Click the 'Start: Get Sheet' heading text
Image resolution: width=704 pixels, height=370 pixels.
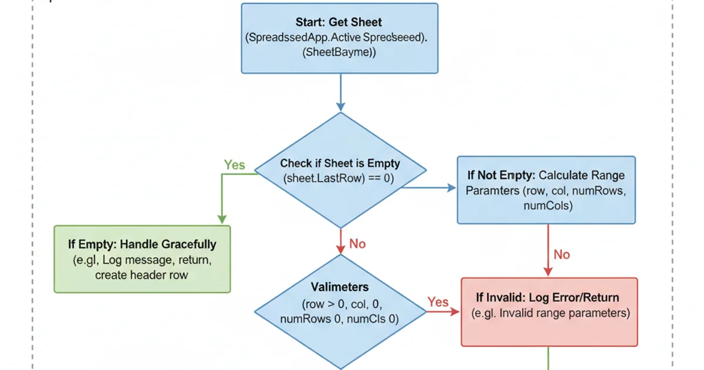[339, 22]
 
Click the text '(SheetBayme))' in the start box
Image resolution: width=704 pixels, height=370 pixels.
[339, 52]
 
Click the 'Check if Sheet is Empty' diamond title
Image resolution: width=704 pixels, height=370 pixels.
[340, 164]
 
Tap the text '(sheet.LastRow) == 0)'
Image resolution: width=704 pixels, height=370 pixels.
[339, 178]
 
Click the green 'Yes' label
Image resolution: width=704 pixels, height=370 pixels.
[234, 165]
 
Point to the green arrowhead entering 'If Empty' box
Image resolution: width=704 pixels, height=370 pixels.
[222, 220]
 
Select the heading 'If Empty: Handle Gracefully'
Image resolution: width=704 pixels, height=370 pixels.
[142, 244]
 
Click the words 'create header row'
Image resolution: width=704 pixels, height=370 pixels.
[141, 274]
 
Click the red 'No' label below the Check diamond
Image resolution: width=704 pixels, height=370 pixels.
[357, 243]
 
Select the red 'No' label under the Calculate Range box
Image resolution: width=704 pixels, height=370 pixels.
[561, 254]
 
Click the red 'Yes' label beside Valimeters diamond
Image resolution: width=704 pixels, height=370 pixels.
[438, 302]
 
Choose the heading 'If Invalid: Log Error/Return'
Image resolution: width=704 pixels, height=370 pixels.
[548, 298]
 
